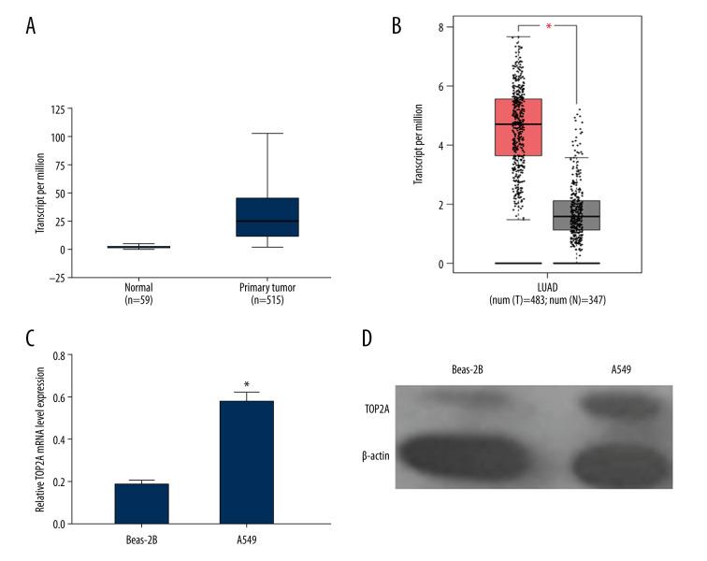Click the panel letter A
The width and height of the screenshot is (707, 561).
point(31,27)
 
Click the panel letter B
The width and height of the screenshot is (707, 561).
point(397,27)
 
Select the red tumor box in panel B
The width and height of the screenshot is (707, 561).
point(517,127)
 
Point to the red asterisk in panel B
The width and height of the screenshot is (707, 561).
point(548,27)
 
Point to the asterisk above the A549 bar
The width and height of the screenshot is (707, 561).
point(246,384)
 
